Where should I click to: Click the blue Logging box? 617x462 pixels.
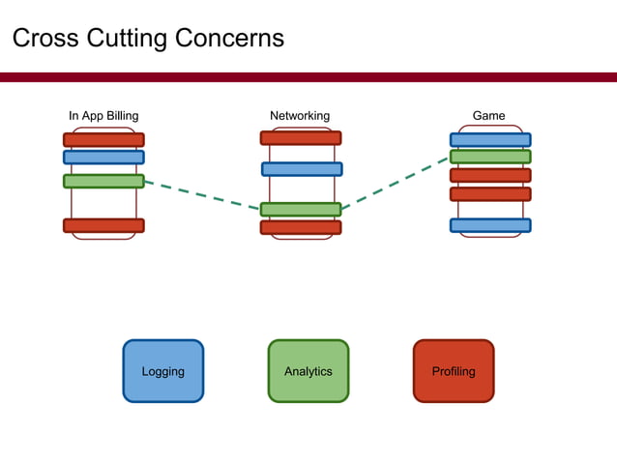click(162, 371)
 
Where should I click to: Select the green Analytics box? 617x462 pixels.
click(308, 371)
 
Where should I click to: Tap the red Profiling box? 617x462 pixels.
click(454, 371)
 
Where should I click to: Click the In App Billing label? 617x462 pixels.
click(103, 116)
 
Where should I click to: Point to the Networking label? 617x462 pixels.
click(300, 116)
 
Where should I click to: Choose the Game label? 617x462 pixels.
click(488, 116)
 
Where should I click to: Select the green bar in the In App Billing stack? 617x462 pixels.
click(103, 181)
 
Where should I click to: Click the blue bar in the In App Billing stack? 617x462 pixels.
click(103, 157)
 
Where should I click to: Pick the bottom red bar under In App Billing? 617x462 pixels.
click(103, 225)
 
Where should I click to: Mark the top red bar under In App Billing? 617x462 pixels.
click(103, 139)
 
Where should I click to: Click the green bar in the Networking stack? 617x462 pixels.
click(301, 209)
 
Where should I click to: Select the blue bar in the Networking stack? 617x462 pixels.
click(302, 169)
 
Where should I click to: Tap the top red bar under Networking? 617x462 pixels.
click(301, 138)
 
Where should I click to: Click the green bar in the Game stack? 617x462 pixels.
click(490, 157)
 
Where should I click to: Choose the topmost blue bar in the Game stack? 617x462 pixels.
click(490, 139)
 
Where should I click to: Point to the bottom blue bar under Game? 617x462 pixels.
click(490, 225)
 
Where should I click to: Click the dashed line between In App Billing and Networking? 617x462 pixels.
click(203, 194)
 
